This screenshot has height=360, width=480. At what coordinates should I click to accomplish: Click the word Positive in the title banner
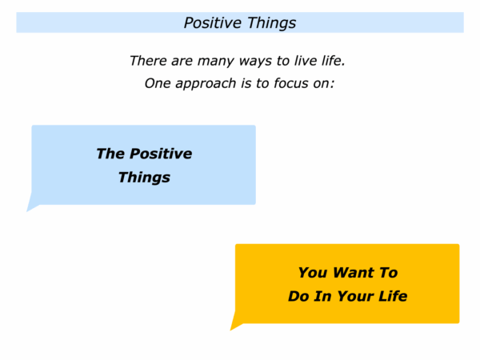click(213, 22)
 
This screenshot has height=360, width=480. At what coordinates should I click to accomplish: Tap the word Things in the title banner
click(271, 23)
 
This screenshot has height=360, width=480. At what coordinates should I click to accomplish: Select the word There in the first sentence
click(149, 61)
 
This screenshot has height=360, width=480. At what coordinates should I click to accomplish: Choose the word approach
click(206, 84)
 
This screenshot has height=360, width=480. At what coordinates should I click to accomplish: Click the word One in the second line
click(158, 83)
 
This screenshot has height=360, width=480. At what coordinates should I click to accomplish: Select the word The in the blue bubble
click(110, 154)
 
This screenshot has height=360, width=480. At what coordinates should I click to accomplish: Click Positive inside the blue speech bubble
click(161, 154)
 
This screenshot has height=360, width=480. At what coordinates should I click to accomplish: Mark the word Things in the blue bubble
click(144, 178)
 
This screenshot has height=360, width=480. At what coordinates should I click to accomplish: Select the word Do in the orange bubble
click(297, 296)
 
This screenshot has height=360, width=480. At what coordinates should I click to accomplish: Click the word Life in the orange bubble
click(394, 296)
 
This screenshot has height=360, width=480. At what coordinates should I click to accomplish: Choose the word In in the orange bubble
click(322, 296)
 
